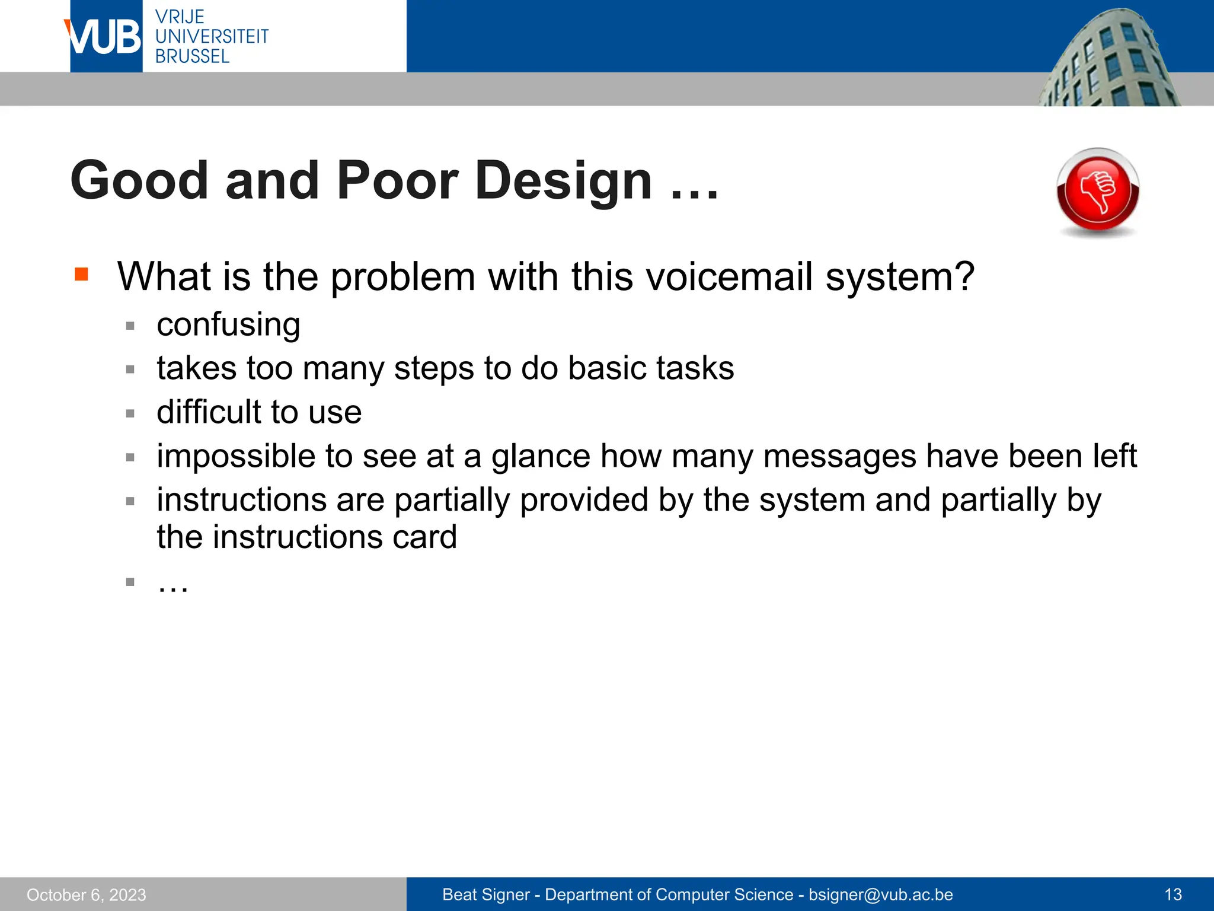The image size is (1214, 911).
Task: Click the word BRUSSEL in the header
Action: [x=192, y=56]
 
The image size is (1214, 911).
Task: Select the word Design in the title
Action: [x=563, y=180]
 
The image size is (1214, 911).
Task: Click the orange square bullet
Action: [x=81, y=274]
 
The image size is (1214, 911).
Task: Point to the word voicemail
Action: [x=729, y=277]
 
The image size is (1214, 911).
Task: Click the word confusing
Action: [x=228, y=325]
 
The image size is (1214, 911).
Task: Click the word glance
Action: [x=541, y=456]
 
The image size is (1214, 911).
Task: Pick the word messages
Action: [x=840, y=456]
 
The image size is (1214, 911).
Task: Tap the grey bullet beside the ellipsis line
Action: [x=130, y=582]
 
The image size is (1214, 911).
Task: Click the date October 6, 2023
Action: [x=87, y=895]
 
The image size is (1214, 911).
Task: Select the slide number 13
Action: [x=1173, y=894]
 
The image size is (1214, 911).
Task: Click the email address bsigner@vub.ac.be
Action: [x=881, y=894]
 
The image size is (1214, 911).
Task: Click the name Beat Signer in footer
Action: [x=486, y=894]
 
